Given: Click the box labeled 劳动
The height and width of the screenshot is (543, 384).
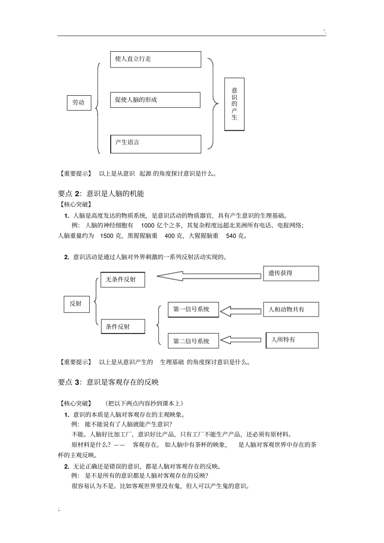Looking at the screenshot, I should point(79,103).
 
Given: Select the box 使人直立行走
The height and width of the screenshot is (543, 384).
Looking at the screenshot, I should point(155,59).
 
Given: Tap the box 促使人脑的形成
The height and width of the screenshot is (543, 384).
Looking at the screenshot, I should point(155,100).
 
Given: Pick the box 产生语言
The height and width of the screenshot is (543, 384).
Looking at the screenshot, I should point(156,144).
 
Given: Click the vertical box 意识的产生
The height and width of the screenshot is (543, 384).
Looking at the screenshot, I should point(234,104).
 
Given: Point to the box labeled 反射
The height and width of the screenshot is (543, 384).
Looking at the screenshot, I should point(76,304).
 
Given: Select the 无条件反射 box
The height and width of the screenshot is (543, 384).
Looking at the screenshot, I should point(122,279).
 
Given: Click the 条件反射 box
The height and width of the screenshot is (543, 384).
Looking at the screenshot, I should point(123,327).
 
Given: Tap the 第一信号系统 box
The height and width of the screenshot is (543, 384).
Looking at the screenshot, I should point(193,310).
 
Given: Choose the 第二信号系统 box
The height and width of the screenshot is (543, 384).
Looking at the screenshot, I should point(193,341).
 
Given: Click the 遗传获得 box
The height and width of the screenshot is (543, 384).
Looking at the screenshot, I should point(291,273).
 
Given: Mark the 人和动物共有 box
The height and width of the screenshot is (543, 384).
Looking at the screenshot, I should point(291,310).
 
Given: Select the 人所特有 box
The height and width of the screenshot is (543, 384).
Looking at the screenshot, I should point(292,340).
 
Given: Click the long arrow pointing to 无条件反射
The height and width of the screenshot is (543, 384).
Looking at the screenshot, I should point(209,276).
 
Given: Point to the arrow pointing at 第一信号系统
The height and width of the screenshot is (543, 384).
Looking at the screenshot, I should point(241,311).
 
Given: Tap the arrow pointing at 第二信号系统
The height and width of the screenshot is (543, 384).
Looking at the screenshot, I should point(241,340).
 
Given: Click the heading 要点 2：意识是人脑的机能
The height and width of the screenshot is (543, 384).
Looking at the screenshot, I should point(101,194).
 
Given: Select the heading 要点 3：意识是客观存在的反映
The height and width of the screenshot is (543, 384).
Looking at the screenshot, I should point(109,382).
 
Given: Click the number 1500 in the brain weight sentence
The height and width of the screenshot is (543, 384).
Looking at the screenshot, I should point(107,236).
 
